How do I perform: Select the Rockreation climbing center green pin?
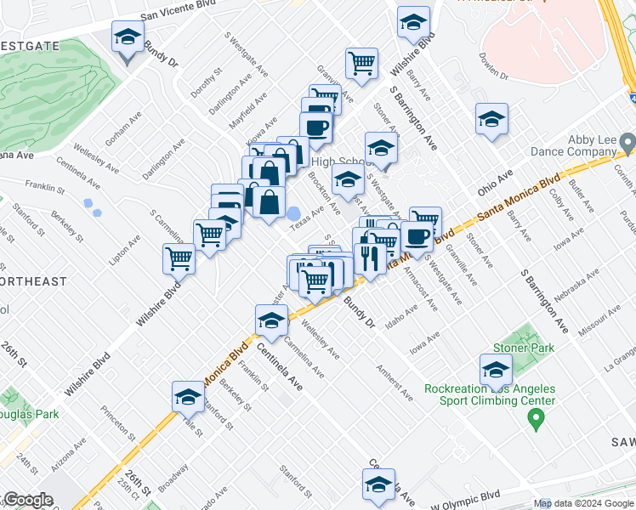(535, 416)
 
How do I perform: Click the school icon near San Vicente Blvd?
(128, 37)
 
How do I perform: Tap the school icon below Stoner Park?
(495, 370)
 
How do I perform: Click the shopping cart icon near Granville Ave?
(362, 62)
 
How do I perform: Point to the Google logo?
(28, 500)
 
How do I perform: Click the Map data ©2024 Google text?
(583, 503)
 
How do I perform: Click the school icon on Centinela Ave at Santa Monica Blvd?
(271, 320)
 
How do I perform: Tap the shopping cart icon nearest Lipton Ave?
(179, 258)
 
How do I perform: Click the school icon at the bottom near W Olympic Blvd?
(378, 485)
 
